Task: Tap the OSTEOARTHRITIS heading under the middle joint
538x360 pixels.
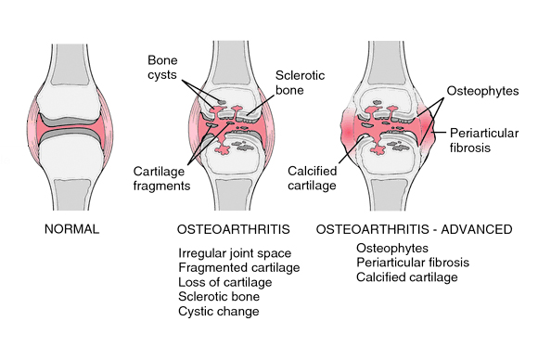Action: pyautogui.click(x=228, y=228)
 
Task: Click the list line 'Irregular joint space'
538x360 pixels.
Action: pyautogui.click(x=236, y=253)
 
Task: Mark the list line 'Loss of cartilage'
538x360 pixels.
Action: pyautogui.click(x=225, y=282)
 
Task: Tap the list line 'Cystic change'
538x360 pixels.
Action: pyautogui.click(x=219, y=311)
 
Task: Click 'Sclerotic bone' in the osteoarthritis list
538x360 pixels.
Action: pyautogui.click(x=219, y=297)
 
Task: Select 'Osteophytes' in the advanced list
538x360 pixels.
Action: pyautogui.click(x=391, y=248)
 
